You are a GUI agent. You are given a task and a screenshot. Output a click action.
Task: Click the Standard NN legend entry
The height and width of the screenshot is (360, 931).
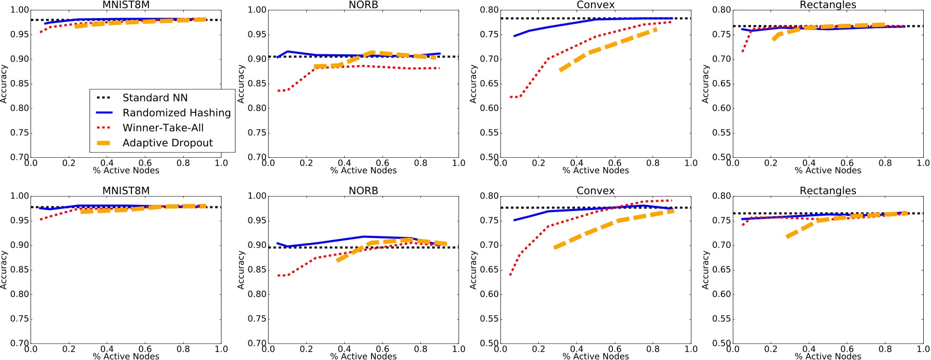point(155,98)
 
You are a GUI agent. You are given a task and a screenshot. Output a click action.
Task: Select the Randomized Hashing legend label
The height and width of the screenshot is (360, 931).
point(176,113)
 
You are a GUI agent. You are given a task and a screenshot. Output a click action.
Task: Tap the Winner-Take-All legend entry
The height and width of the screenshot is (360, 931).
point(162,128)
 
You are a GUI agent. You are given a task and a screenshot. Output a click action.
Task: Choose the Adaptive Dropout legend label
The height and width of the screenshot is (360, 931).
point(167,143)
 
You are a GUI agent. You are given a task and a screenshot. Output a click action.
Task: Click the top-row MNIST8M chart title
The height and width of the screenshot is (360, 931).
point(126,5)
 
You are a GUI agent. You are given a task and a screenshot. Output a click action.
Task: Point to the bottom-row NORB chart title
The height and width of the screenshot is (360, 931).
point(363,190)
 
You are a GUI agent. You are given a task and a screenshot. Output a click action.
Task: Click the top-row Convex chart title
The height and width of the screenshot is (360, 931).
point(596,5)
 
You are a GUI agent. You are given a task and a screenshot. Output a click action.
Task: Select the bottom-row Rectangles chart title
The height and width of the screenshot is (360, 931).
point(827,190)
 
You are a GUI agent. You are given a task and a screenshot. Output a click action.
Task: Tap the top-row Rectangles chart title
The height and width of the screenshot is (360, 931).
point(827,5)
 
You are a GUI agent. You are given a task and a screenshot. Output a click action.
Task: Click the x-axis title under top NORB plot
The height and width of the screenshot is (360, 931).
point(363,170)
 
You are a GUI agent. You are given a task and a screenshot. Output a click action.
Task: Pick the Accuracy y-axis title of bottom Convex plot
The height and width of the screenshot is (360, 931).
point(473,269)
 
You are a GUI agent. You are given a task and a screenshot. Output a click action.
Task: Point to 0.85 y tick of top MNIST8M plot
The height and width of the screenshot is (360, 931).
point(20,84)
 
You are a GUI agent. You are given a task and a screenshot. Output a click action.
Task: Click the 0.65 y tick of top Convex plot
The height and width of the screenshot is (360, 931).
point(489,84)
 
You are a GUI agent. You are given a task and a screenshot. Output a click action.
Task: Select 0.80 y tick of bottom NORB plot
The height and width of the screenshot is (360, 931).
point(257,294)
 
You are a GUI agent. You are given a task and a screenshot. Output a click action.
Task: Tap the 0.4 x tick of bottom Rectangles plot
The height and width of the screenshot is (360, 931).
point(809,349)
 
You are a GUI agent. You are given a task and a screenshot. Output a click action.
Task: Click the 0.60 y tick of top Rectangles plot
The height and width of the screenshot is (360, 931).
point(721,108)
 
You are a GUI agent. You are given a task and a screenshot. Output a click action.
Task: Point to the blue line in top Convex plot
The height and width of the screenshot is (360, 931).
point(549,27)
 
